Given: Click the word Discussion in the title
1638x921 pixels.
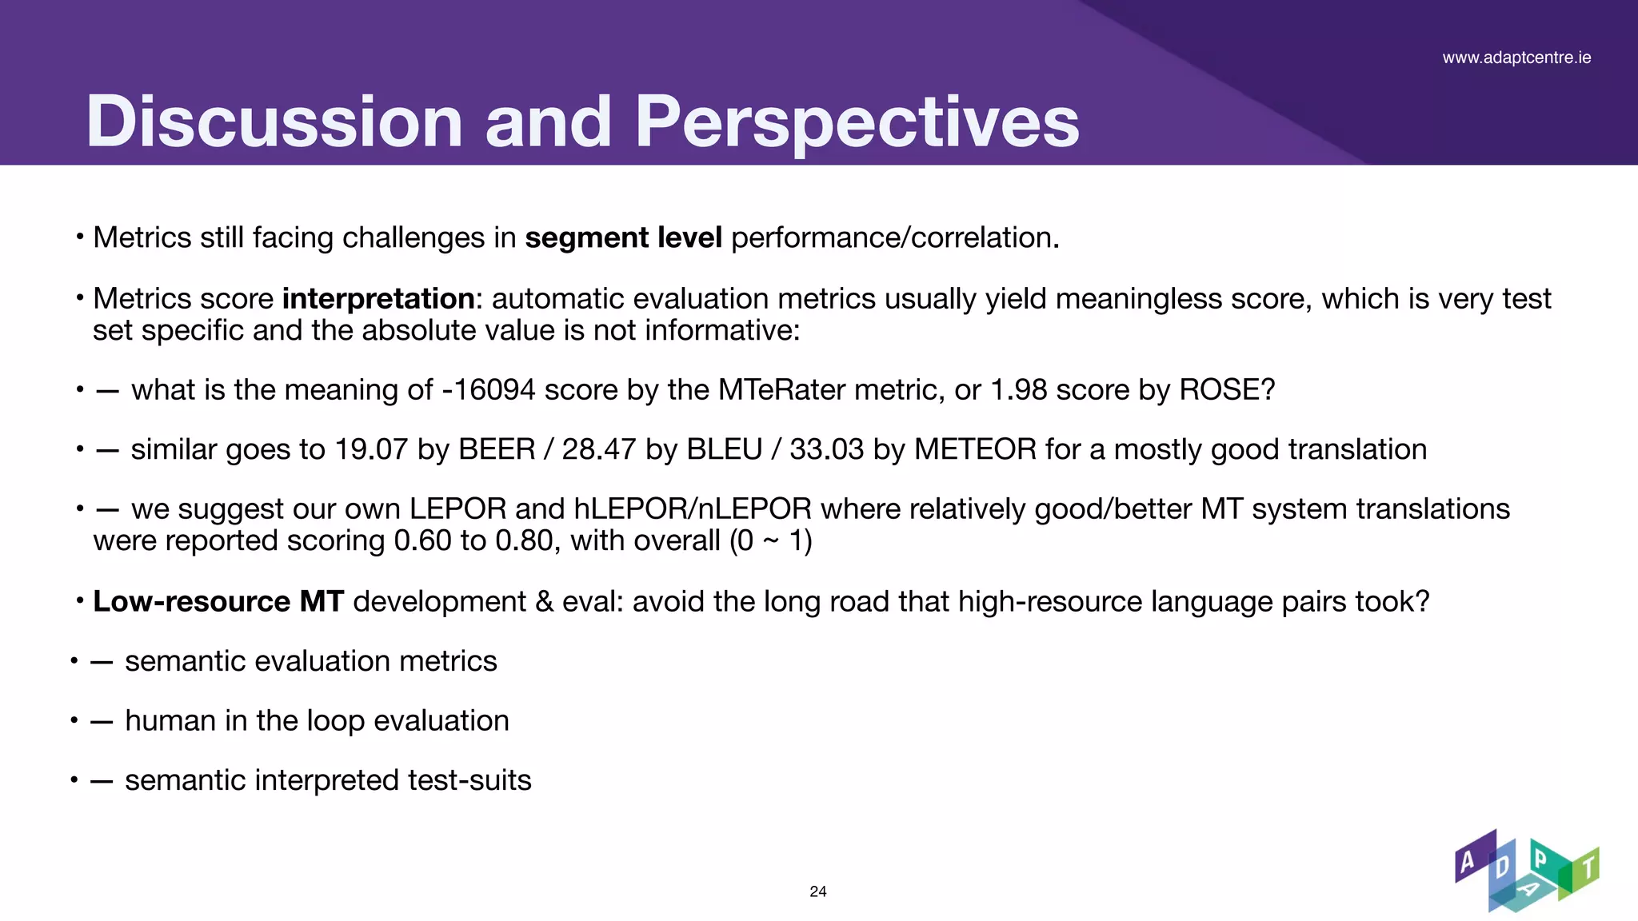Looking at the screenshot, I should click(x=274, y=122).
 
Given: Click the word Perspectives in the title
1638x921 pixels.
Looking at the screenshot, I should click(x=857, y=122).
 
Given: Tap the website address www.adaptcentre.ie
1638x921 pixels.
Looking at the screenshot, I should click(x=1516, y=58).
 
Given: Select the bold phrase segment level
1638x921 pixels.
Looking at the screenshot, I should click(x=623, y=238).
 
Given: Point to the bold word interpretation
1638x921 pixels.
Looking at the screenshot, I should click(x=378, y=299).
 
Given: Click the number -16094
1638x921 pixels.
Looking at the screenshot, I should click(x=488, y=390).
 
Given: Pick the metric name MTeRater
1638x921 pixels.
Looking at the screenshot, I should click(x=781, y=390).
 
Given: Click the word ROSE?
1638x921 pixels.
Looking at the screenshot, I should click(x=1227, y=390).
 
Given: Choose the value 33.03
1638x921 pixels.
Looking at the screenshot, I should click(x=826, y=449).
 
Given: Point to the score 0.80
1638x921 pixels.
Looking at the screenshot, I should click(x=524, y=541).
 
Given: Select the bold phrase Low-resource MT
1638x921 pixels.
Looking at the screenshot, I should click(x=218, y=602).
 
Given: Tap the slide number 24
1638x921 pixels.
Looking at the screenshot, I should click(x=818, y=891).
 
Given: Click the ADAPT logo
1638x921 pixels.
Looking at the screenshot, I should click(x=1526, y=871).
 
